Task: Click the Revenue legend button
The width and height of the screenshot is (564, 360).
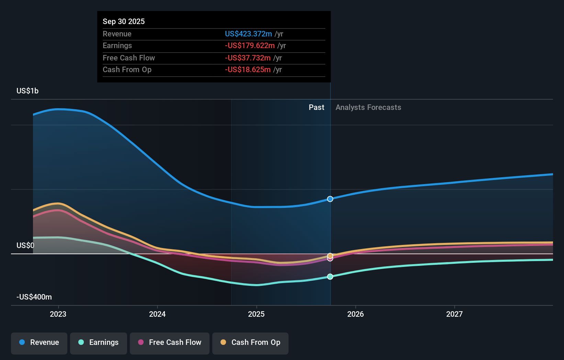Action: point(39,343)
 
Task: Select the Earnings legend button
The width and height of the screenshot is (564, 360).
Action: point(99,343)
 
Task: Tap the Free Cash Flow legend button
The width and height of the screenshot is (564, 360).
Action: point(170,343)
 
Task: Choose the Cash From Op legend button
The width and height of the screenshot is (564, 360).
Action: point(250,343)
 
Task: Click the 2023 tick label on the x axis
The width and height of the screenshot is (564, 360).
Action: point(58,314)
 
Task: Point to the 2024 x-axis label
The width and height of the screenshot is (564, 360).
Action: point(157,314)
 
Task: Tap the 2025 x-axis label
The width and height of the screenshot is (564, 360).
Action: point(256,314)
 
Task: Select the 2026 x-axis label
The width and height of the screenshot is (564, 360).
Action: point(356,314)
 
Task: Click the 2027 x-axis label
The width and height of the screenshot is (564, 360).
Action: point(454,314)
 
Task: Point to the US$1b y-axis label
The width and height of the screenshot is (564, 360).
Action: point(27,91)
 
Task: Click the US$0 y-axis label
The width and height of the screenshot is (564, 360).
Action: point(25,246)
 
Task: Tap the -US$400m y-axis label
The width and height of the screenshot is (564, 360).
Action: point(34,297)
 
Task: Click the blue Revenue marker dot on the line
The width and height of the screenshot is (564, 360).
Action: point(330,199)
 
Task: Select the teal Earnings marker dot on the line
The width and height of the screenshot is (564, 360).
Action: point(330,277)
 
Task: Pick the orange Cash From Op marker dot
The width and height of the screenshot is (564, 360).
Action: point(330,256)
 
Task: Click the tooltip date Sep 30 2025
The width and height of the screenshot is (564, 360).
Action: point(124,22)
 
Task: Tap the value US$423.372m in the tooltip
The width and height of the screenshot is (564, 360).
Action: point(248,34)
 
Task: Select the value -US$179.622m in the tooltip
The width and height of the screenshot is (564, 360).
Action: point(250,46)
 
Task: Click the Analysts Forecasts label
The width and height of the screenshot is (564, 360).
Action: point(368,108)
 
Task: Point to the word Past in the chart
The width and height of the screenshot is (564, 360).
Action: point(316,108)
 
